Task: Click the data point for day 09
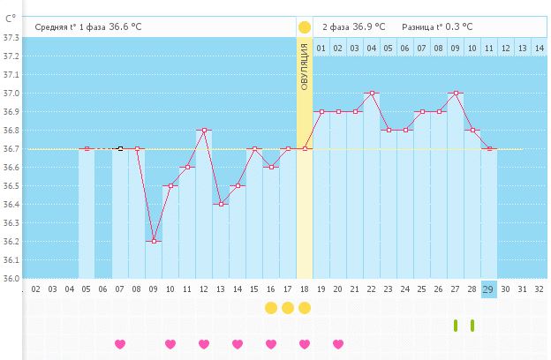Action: point(154,241)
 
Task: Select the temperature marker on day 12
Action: point(204,131)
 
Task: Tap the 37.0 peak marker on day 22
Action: point(372,93)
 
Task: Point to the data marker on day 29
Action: point(489,149)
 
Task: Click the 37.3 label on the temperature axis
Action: point(11,38)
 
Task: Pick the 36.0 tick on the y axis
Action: point(11,279)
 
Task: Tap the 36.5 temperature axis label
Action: point(11,186)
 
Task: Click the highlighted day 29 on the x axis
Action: point(489,288)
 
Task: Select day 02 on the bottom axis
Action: point(36,288)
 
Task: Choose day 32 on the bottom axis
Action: point(539,288)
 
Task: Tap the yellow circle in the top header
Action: point(305,27)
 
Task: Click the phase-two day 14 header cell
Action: point(539,47)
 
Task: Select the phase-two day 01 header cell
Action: point(321,47)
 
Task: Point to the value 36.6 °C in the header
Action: point(124,27)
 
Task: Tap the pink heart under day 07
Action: point(120,344)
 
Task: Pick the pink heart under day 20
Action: point(338,344)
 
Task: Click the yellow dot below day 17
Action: point(288,308)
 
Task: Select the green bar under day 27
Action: point(456,326)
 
